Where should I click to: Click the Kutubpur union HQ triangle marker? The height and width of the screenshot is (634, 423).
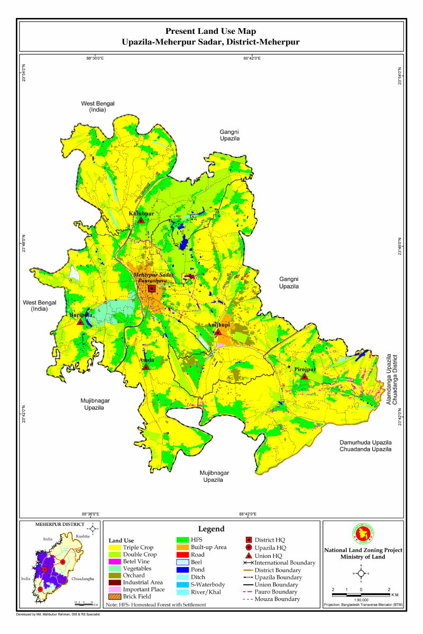pyautogui.click(x=141, y=220)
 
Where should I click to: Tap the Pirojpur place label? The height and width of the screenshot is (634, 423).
pyautogui.click(x=305, y=370)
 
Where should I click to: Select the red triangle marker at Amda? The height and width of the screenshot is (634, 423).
pyautogui.click(x=145, y=367)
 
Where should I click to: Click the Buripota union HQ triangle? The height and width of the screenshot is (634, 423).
pyautogui.click(x=80, y=321)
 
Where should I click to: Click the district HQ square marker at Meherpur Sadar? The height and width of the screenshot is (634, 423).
pyautogui.click(x=152, y=289)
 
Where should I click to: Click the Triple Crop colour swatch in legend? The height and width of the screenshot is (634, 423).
pyautogui.click(x=114, y=548)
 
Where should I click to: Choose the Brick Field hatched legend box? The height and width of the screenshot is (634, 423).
pyautogui.click(x=114, y=596)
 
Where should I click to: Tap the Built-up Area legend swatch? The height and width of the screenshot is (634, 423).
pyautogui.click(x=182, y=547)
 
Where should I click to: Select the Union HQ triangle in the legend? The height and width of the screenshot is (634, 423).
pyautogui.click(x=249, y=555)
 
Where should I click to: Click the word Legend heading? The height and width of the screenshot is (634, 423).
pyautogui.click(x=212, y=529)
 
